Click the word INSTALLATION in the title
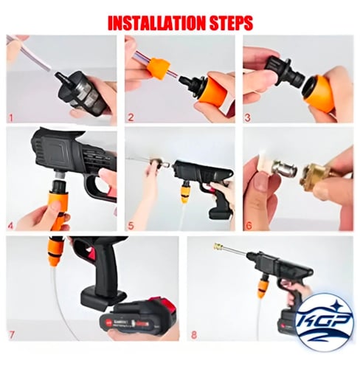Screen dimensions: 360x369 (x=156, y=23)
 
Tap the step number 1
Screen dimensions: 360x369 (x=11, y=118)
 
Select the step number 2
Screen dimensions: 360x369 (x=131, y=117)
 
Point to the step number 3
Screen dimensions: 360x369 (x=248, y=117)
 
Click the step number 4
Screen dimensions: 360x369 (x=10, y=226)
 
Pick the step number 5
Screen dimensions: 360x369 (x=131, y=226)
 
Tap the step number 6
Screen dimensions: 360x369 (x=249, y=226)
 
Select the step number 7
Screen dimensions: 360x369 (x=12, y=334)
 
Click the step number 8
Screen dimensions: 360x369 (x=194, y=334)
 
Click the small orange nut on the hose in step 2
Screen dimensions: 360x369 (x=159, y=69)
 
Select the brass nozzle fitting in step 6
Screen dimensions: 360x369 (x=316, y=178)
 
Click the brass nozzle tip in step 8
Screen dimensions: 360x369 (x=219, y=246)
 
